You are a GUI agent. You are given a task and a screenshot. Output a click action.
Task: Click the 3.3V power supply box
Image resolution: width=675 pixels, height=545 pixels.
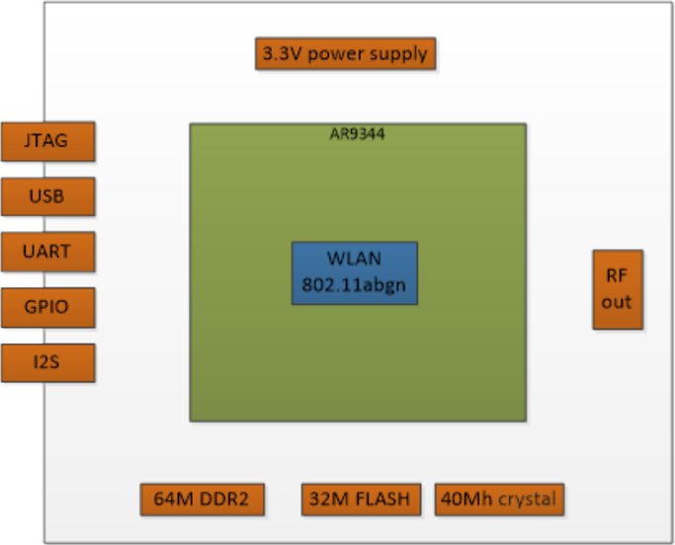(345, 53)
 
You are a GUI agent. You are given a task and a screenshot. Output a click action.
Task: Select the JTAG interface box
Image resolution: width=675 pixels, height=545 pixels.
(47, 140)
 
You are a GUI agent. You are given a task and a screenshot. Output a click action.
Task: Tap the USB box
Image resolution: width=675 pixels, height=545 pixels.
(47, 195)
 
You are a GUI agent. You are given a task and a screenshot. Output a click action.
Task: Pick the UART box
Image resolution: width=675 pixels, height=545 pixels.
(47, 252)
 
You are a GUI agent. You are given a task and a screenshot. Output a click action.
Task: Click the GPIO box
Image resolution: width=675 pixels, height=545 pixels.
(47, 307)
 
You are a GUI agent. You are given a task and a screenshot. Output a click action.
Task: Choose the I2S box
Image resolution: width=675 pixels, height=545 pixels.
(47, 362)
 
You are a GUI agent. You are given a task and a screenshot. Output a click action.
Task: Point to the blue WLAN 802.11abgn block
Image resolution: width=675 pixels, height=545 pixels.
(354, 272)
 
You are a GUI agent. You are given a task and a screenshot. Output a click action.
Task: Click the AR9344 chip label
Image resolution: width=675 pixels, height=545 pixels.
(357, 134)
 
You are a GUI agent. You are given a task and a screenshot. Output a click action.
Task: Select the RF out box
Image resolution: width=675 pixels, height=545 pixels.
(617, 289)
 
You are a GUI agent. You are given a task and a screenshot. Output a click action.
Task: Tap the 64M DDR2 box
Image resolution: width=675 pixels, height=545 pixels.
(202, 499)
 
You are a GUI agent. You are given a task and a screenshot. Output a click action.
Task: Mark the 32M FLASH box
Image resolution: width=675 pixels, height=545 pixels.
(361, 499)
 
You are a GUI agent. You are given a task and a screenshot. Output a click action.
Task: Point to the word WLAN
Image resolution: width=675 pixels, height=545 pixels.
(354, 260)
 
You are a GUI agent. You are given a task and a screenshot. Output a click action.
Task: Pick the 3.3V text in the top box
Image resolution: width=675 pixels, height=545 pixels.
(282, 53)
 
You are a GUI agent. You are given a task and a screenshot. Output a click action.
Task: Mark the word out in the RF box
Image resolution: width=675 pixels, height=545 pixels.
(617, 302)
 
